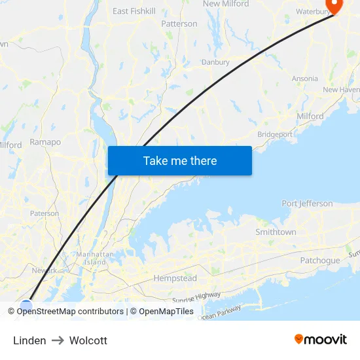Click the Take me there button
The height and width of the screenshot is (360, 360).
pos(179,161)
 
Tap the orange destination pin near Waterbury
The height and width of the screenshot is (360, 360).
pos(334,6)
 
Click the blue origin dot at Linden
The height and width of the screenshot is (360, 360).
pos(26,305)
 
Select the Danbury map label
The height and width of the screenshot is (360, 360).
pos(215,62)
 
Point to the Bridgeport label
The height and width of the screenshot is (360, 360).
pos(275,134)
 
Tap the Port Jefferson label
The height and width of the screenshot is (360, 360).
pos(307,204)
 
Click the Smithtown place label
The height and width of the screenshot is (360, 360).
pos(276,232)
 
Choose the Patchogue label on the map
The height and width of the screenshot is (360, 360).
pos(320,261)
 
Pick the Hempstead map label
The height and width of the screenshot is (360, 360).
pos(175,278)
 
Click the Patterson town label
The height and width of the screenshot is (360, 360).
pos(179,24)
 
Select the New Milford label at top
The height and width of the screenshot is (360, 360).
pos(226,4)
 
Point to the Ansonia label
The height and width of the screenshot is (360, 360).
pos(305,79)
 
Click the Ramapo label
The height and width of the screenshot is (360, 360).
pos(45,142)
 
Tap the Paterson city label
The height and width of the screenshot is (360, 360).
pos(45,213)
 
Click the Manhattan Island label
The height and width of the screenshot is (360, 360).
pos(92,258)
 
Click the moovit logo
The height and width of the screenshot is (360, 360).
pos(320,340)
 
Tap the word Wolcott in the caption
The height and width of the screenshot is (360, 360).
pos(88,340)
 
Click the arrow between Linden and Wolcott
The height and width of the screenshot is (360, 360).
pos(58,340)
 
